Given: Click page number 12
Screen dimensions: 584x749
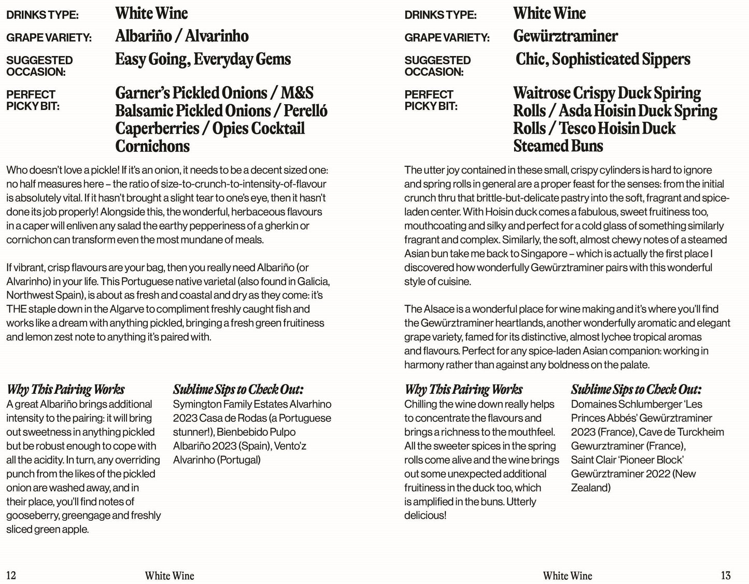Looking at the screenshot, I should point(11,575).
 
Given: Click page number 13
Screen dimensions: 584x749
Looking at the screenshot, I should point(726,575).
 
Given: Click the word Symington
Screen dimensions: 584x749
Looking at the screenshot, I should point(197,404).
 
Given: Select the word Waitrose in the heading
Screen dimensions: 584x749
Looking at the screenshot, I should point(541,93).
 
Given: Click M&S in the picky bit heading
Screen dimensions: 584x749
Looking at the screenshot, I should point(297,93).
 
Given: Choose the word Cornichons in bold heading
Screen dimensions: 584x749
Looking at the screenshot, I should point(152,146).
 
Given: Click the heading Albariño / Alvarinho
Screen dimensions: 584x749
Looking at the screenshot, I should point(181,36).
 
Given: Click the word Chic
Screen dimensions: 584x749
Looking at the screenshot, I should point(530,59).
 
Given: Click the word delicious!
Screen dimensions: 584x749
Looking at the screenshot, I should point(425,516).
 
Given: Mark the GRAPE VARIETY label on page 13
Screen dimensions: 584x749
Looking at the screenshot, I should point(447,38).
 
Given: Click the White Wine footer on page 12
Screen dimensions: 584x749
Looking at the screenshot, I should point(169,576).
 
